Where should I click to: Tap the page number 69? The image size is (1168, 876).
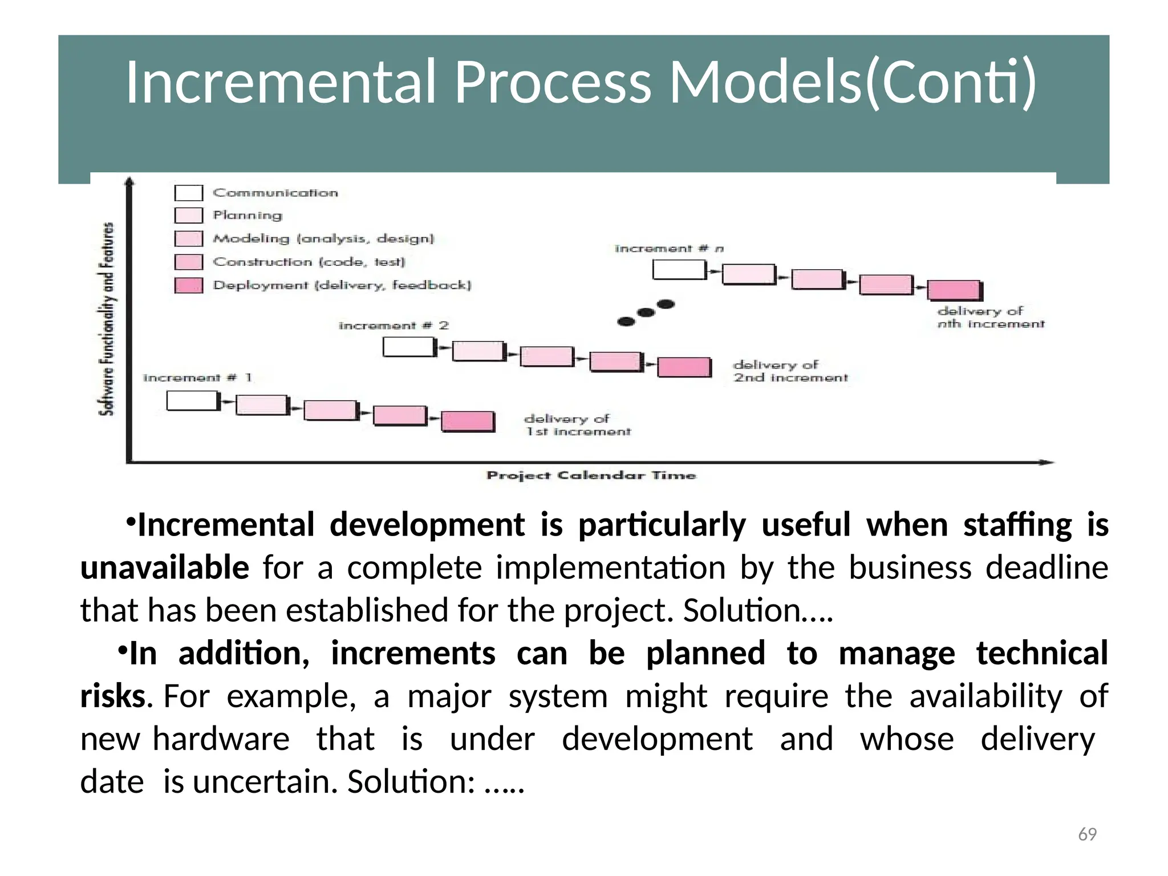point(1087,834)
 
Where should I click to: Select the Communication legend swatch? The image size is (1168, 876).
point(188,193)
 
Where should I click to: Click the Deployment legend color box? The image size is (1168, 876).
point(188,285)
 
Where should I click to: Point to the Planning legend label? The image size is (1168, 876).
point(248,216)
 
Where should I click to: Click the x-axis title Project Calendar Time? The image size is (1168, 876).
point(591,476)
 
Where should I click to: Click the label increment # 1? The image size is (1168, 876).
point(197,378)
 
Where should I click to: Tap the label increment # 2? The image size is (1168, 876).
point(394,326)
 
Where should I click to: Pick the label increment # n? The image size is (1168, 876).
point(669,249)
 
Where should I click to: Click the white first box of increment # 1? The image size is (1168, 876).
point(192,400)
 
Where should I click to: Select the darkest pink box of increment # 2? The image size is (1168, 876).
point(684,367)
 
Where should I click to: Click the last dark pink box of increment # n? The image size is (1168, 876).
point(954,290)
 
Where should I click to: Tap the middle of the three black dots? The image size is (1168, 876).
point(646,313)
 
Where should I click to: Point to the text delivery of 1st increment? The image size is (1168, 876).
point(577,425)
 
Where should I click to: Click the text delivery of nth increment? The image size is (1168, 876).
point(990,318)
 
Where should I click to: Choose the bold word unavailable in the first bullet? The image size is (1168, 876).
point(164,567)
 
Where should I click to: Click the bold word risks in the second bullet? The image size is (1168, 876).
point(113,696)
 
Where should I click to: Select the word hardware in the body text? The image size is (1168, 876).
point(221,739)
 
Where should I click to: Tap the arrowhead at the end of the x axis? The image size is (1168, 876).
point(1048,462)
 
